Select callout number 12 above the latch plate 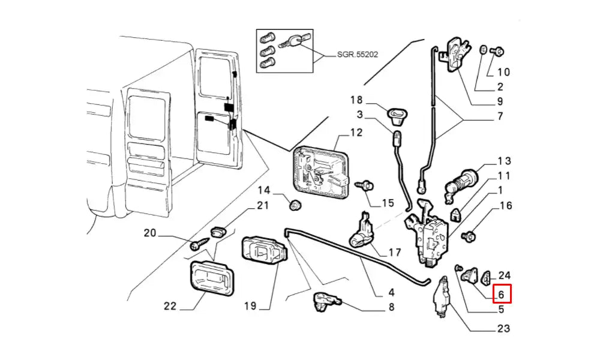(356, 133)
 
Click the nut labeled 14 (295, 205)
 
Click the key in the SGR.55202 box (297, 42)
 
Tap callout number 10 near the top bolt (503, 72)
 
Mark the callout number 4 (391, 293)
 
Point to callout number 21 (262, 206)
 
